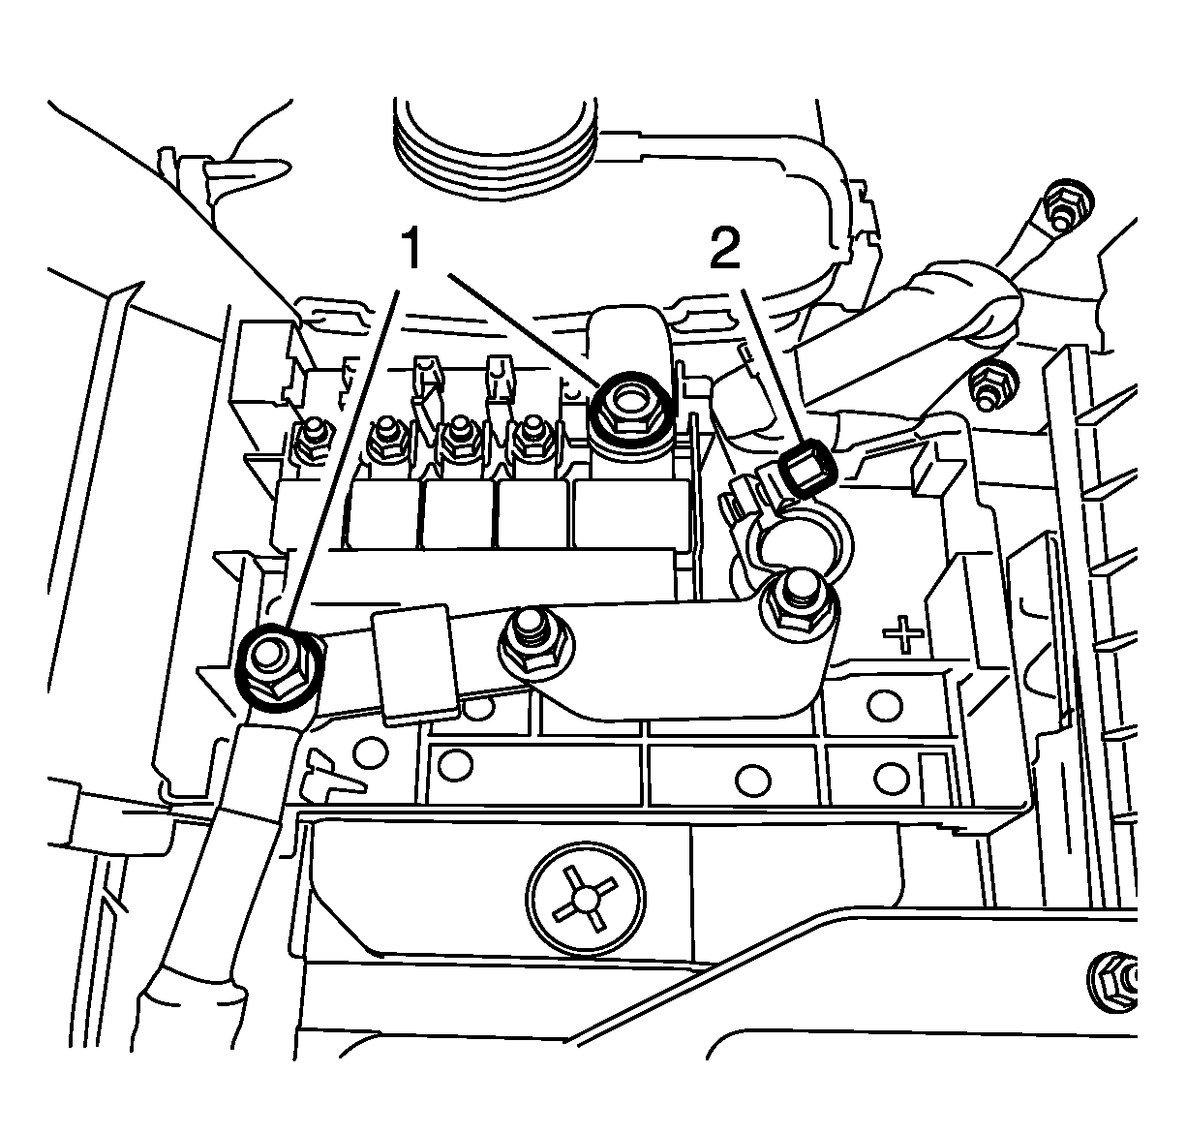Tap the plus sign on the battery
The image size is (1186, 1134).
click(903, 634)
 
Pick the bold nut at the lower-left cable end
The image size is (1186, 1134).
click(278, 667)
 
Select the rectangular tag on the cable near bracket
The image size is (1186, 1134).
click(417, 665)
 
